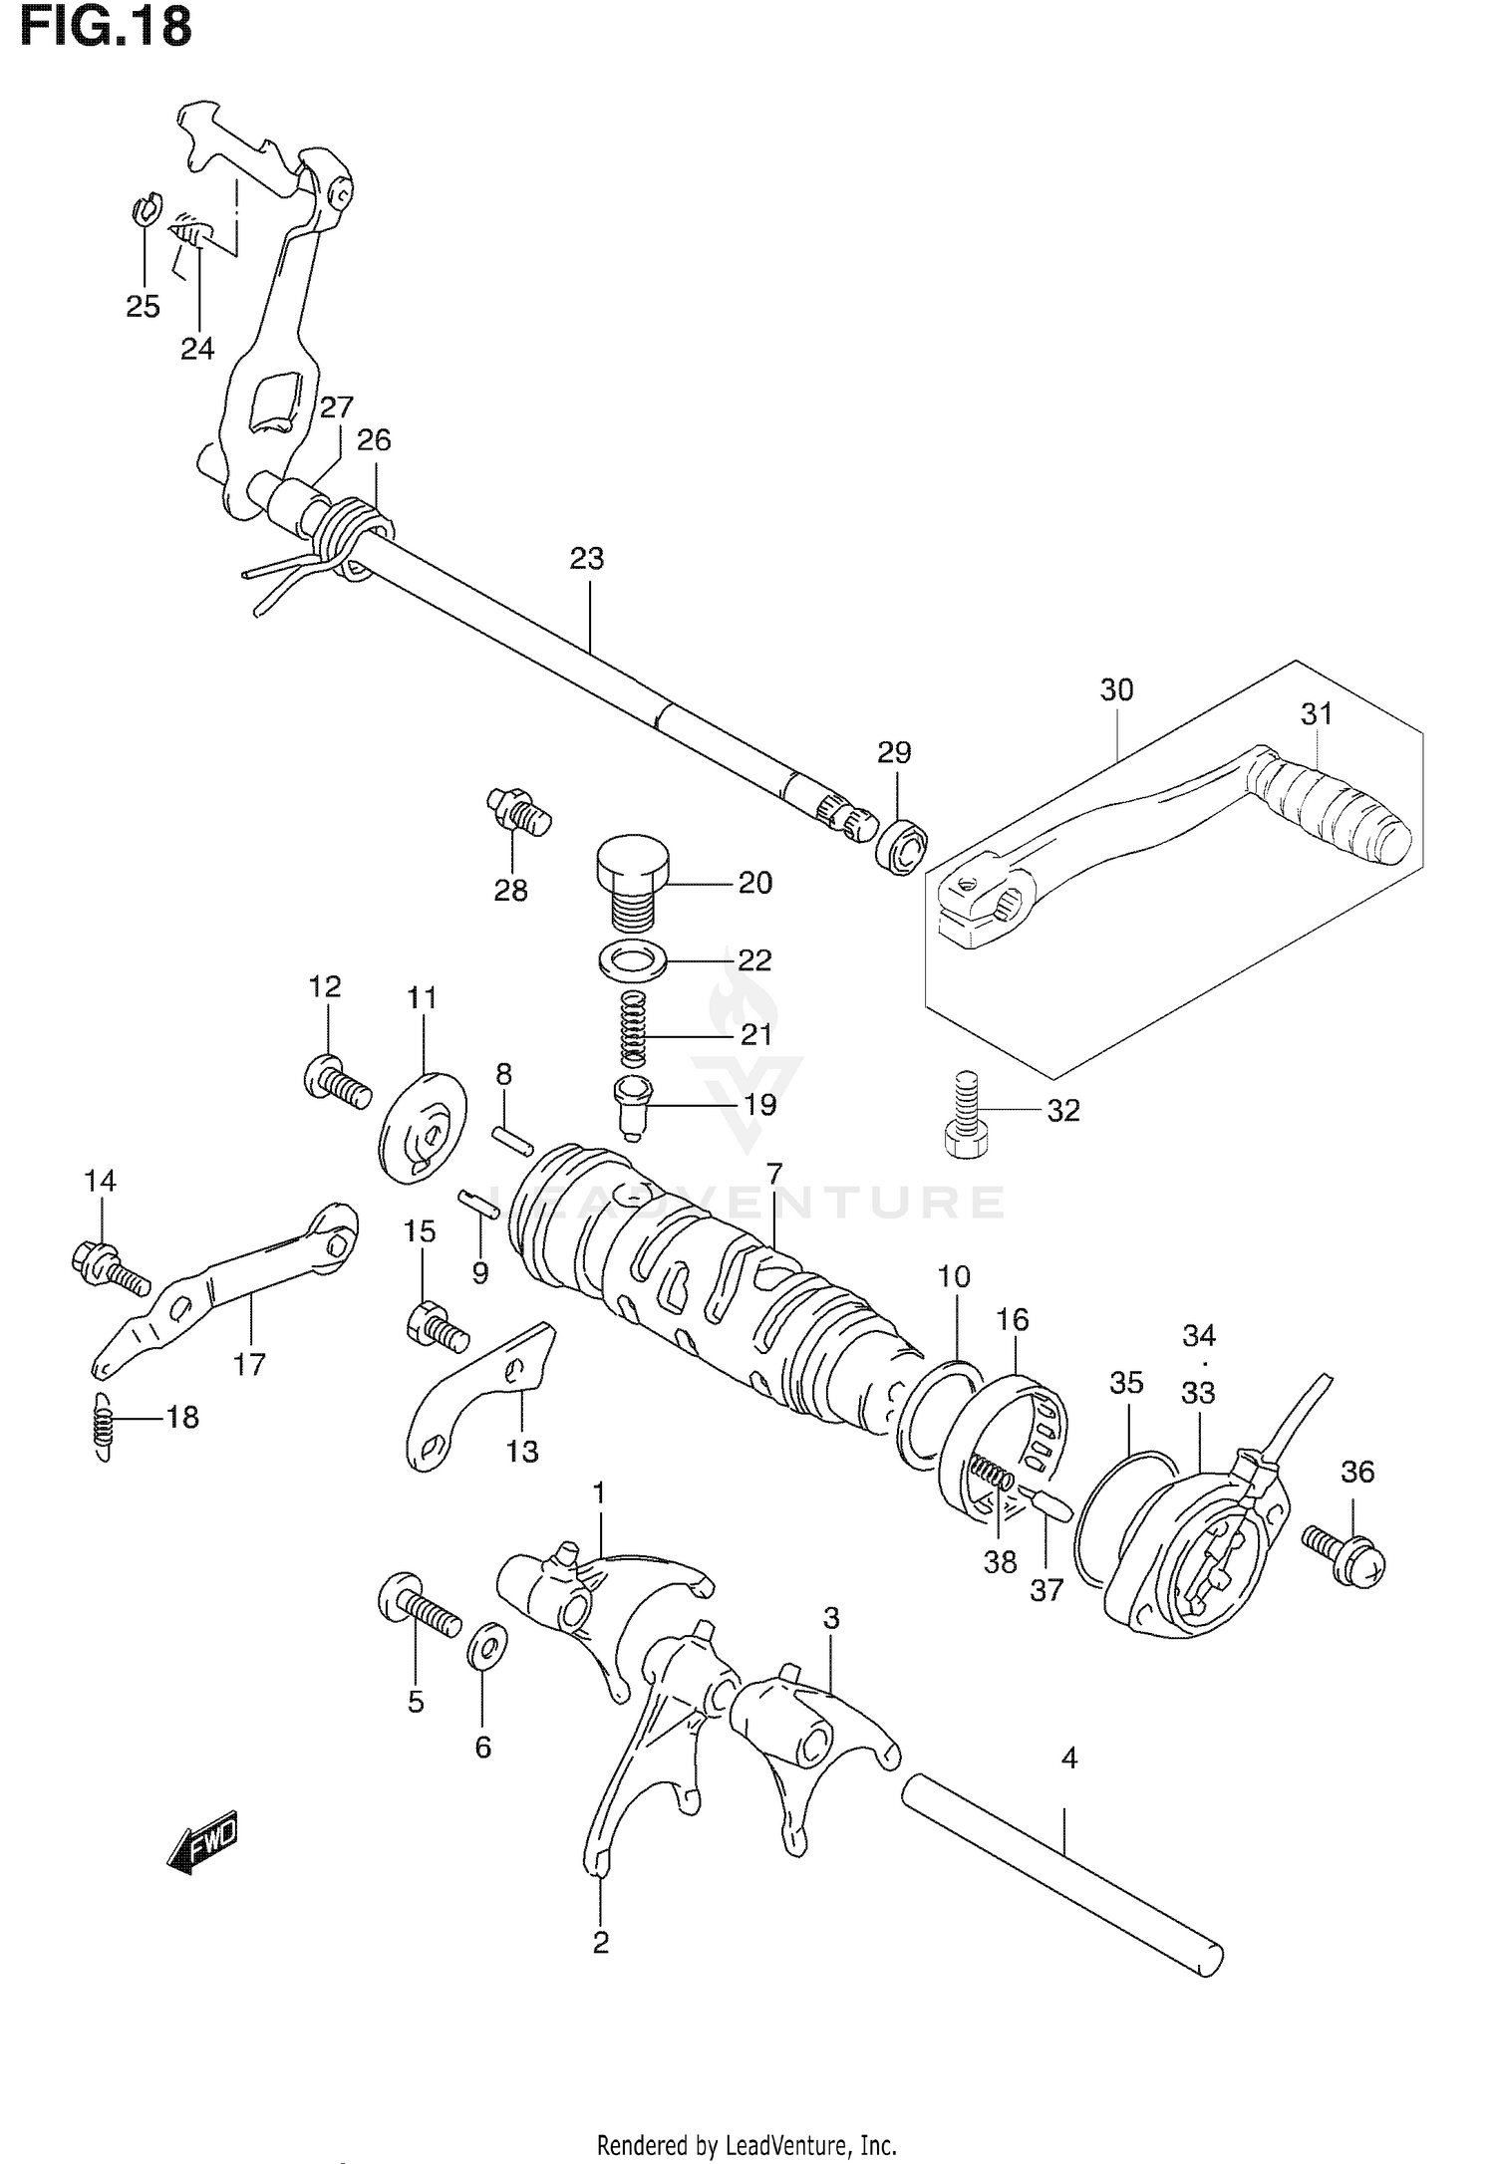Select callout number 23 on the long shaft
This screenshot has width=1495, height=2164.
[587, 559]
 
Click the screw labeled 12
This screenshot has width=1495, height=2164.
[336, 1080]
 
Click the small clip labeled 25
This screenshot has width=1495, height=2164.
[144, 211]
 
